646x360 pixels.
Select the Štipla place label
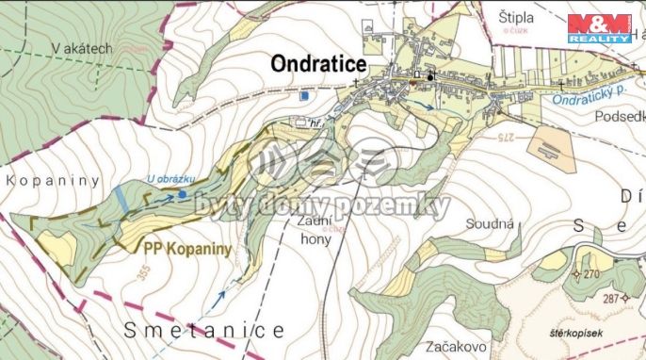pyautogui.click(x=517, y=16)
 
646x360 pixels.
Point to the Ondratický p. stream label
pyautogui.click(x=589, y=93)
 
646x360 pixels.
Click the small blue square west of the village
pyautogui.click(x=303, y=95)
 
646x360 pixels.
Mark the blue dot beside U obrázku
pyautogui.click(x=182, y=195)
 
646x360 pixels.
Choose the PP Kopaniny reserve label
pyautogui.click(x=187, y=250)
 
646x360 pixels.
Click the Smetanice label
pyautogui.click(x=203, y=330)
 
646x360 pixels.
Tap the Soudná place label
pyautogui.click(x=489, y=224)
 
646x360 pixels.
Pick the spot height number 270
pyautogui.click(x=590, y=274)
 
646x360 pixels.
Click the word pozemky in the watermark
pyautogui.click(x=400, y=206)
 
